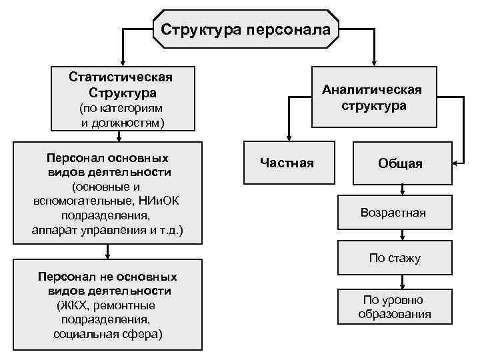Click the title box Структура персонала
pyautogui.click(x=246, y=29)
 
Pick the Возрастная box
pyautogui.click(x=393, y=213)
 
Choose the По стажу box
pyautogui.click(x=395, y=258)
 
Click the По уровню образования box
pyautogui.click(x=393, y=307)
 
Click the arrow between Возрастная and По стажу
pyautogui.click(x=402, y=235)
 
